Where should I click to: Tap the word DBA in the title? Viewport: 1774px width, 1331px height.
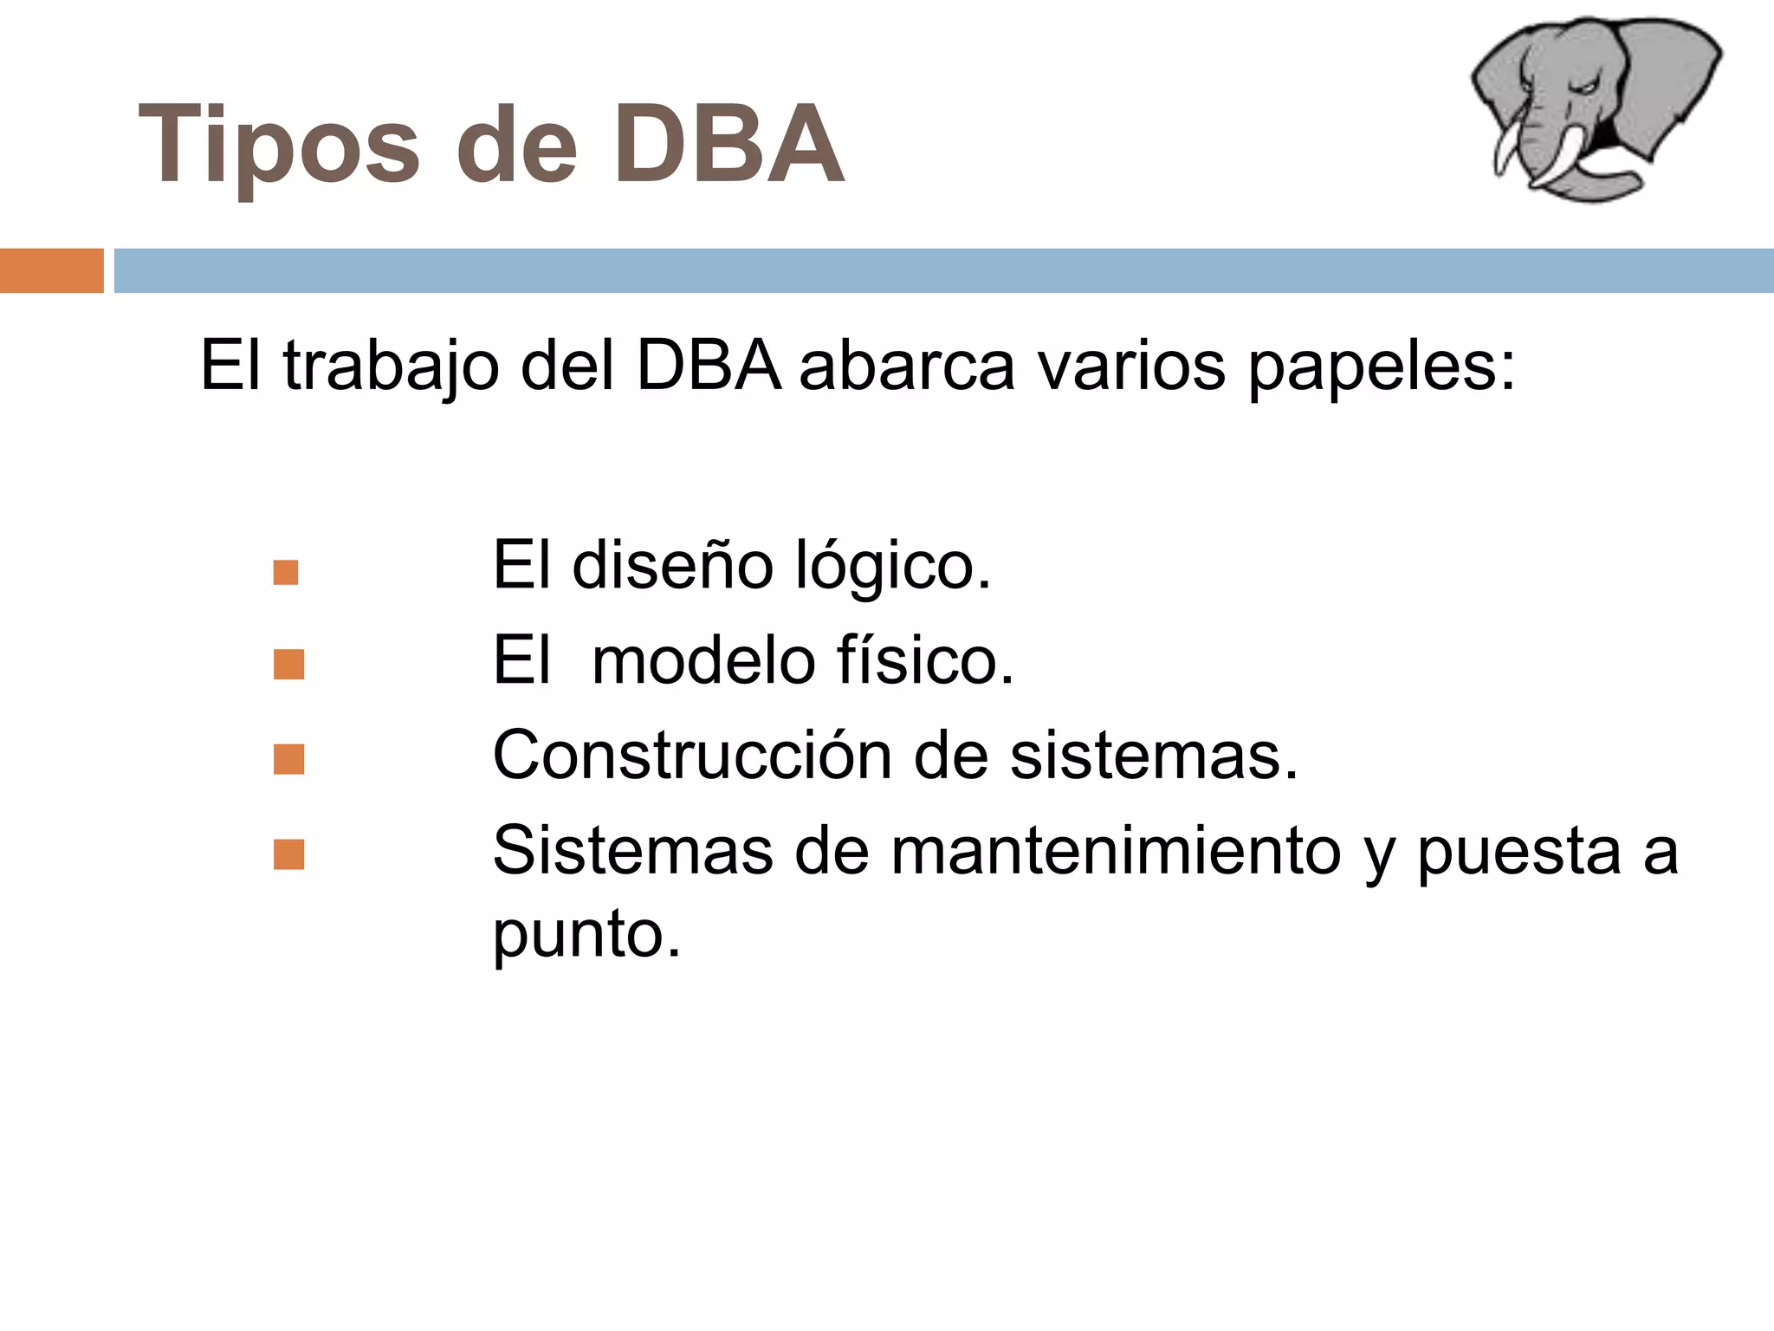728,146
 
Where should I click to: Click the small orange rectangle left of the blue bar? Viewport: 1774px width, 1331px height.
51,270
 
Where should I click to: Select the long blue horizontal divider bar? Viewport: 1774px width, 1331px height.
942,270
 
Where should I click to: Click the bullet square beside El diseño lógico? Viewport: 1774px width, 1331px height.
286,573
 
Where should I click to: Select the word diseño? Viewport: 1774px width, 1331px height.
672,565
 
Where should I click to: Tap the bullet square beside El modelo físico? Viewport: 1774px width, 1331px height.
288,665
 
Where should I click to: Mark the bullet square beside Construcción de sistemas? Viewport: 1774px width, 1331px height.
288,759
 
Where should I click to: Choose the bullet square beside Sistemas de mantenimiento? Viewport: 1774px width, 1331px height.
288,854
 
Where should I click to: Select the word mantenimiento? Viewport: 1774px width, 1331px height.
1117,851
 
